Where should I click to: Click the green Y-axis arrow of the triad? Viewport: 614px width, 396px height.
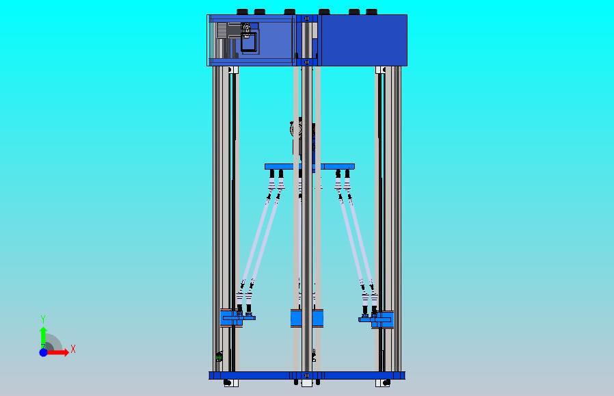(43, 336)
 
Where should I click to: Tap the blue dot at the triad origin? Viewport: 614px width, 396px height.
(43, 352)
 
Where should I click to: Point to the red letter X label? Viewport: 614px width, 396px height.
(72, 349)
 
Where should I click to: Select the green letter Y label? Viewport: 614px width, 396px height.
(43, 319)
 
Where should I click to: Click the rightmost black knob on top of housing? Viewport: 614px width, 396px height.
(371, 12)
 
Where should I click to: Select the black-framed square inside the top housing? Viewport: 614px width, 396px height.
(248, 42)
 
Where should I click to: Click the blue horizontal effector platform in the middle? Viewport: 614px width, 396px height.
(309, 166)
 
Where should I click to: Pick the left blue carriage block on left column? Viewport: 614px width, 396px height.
(231, 318)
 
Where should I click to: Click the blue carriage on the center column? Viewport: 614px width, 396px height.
(306, 319)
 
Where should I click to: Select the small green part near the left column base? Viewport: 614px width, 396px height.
(219, 356)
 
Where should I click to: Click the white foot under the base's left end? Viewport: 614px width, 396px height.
(228, 383)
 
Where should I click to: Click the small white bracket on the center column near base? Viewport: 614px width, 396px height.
(313, 356)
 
